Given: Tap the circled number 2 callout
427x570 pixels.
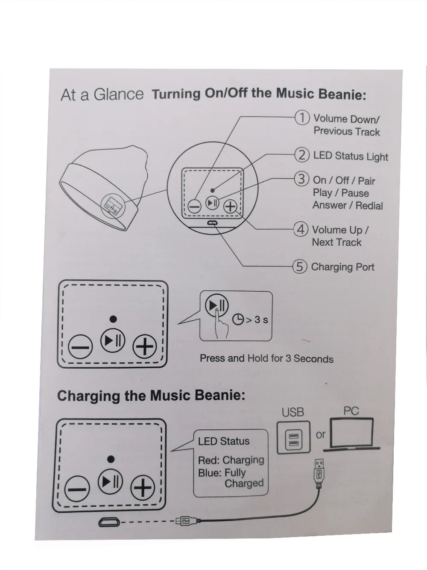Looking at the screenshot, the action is click(x=302, y=155).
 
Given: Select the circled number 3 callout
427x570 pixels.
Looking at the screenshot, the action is click(x=301, y=179).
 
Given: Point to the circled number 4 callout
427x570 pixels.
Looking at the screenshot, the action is click(x=301, y=229).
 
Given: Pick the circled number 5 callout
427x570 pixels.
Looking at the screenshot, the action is click(x=300, y=266).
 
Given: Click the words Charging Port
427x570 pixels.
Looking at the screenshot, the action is click(x=343, y=267).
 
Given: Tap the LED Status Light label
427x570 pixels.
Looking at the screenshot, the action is click(x=351, y=156).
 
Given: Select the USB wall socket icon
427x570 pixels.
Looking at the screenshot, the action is click(x=293, y=437).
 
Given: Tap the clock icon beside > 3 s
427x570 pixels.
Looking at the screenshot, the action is click(x=238, y=319).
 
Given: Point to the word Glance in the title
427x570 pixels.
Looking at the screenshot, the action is click(x=118, y=94).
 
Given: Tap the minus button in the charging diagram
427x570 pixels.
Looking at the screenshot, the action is click(x=77, y=489).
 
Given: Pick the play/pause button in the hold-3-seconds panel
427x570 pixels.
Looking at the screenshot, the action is click(x=217, y=305).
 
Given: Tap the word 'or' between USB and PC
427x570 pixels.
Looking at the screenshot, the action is click(x=320, y=435).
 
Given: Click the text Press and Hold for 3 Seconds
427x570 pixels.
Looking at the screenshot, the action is click(x=266, y=359).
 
